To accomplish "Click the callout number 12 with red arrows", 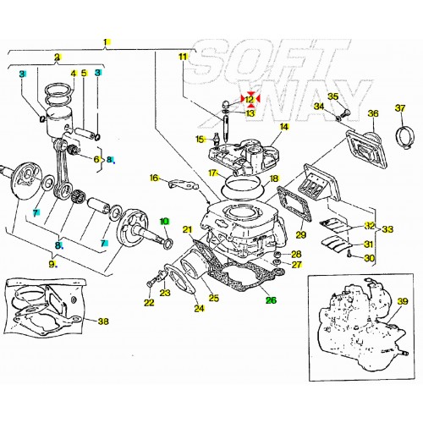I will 250,99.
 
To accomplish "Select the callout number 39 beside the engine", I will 403,302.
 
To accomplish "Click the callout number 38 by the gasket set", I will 103,321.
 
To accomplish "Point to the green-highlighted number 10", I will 165,221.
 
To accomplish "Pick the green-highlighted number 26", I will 271,299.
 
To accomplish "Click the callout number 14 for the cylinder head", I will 284,127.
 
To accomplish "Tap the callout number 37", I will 400,107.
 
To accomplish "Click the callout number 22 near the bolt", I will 149,303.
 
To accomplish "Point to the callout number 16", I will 153,178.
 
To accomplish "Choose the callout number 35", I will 332,96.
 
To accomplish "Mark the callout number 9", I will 52,263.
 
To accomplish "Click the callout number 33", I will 387,228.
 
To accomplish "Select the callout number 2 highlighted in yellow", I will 57,58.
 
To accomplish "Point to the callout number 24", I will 198,308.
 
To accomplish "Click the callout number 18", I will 273,179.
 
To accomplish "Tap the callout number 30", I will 369,258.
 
